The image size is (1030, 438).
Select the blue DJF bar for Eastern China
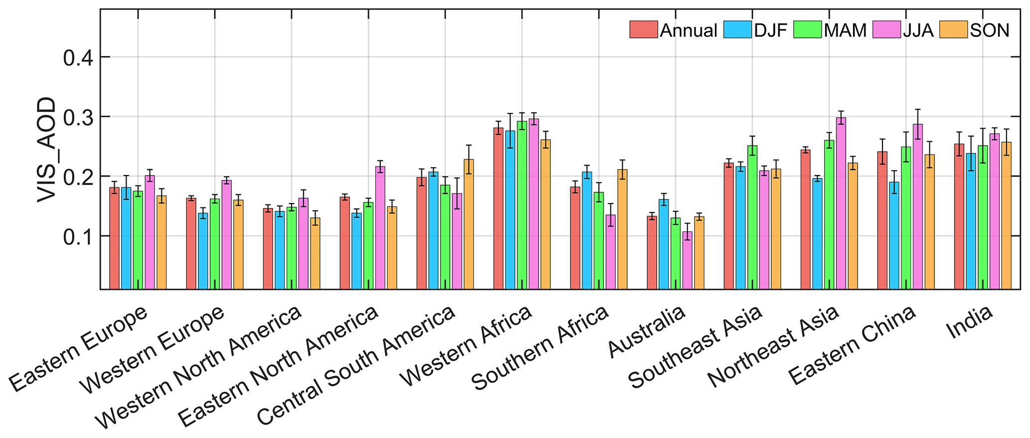tap(894, 235)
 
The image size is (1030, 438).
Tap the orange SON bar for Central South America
tap(468, 224)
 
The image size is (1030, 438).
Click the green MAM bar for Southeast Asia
tap(752, 218)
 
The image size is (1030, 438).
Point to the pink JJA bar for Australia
tap(687, 260)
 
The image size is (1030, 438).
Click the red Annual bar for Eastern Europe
tap(114, 238)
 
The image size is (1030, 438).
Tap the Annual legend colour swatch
tap(643, 30)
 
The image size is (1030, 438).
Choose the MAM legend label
tap(845, 30)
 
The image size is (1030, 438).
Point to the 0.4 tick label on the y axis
tap(79, 58)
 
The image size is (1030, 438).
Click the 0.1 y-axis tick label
tap(79, 236)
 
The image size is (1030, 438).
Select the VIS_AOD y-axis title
tap(47, 150)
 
